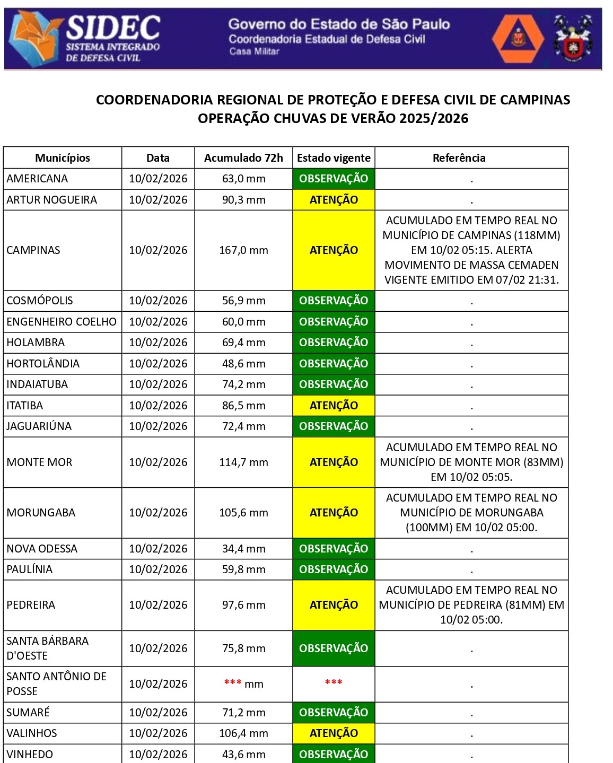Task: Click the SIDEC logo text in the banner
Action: click(x=113, y=28)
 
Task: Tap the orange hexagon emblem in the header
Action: click(x=518, y=39)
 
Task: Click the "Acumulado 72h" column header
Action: click(x=243, y=158)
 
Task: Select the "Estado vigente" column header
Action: click(x=334, y=158)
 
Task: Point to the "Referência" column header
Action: click(x=459, y=158)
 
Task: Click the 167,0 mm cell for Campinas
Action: click(x=243, y=250)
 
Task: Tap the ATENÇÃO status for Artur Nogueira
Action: click(x=334, y=200)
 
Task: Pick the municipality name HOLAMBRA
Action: click(x=36, y=343)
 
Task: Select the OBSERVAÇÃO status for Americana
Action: click(x=334, y=179)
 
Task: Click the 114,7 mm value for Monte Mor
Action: click(x=243, y=462)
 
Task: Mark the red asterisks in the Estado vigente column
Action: click(x=334, y=683)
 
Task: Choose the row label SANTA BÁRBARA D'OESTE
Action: click(x=47, y=648)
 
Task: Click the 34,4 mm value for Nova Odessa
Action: click(x=243, y=549)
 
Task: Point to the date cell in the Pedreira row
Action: click(x=158, y=605)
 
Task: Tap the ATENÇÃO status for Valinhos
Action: click(x=334, y=733)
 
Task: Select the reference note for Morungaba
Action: click(x=471, y=513)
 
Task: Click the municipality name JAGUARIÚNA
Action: click(x=39, y=426)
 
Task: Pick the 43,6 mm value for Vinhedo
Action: click(x=243, y=754)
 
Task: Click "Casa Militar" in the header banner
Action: click(x=254, y=51)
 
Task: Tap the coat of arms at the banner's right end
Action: click(x=573, y=39)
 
